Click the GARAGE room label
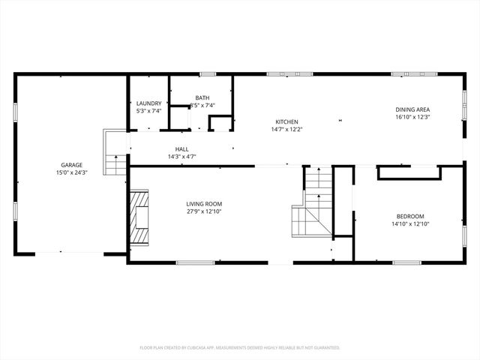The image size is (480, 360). coord(72,165)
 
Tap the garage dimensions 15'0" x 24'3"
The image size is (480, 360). coord(72,173)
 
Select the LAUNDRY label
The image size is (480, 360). coord(148,103)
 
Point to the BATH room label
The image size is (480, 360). coord(202,97)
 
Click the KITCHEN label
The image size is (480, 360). coord(286,121)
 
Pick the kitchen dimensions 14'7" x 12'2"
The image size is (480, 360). coord(286,130)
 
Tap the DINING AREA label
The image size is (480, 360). coord(412,109)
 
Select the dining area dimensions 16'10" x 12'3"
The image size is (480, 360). coord(412,118)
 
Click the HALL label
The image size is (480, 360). coord(182,149)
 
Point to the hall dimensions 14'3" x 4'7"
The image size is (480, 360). coord(182,157)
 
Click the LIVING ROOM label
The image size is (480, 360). coord(204,204)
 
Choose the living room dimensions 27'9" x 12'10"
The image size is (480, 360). coord(204,212)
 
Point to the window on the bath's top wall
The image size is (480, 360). coord(208,74)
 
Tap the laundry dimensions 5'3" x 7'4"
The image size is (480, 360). coord(148,111)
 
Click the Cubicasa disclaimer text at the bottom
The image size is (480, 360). coord(240,348)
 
